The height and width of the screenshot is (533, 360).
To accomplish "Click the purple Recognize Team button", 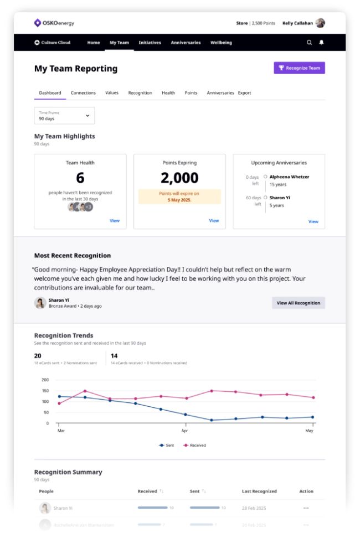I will (x=299, y=68).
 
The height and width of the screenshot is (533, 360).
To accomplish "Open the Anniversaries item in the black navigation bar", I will (x=186, y=43).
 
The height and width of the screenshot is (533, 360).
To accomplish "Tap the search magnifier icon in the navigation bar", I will (x=310, y=43).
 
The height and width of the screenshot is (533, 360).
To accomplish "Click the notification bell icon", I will (x=321, y=43).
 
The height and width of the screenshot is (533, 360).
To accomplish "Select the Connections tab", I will (x=83, y=93).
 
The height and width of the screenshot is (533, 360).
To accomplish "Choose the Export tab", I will (x=244, y=93).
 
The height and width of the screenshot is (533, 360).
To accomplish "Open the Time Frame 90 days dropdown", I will (x=64, y=116).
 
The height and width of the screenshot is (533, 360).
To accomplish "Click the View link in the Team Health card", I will (x=114, y=221).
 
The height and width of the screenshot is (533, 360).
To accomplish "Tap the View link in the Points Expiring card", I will (x=214, y=221).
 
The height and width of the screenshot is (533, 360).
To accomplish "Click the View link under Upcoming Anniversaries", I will (x=313, y=221).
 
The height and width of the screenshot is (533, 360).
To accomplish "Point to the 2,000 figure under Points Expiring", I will (x=179, y=178).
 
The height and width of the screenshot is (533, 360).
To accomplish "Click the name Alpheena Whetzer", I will (x=289, y=177).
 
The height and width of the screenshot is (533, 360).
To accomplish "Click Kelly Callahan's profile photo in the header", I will (x=320, y=23).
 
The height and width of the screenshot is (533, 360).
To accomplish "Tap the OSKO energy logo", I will (x=54, y=23).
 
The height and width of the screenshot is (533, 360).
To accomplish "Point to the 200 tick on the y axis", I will (x=45, y=380).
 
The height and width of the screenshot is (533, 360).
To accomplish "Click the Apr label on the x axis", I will (x=184, y=430).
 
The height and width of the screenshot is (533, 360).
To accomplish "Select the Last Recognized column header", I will (x=259, y=491).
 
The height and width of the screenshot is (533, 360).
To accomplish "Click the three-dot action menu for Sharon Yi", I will (x=306, y=508).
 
